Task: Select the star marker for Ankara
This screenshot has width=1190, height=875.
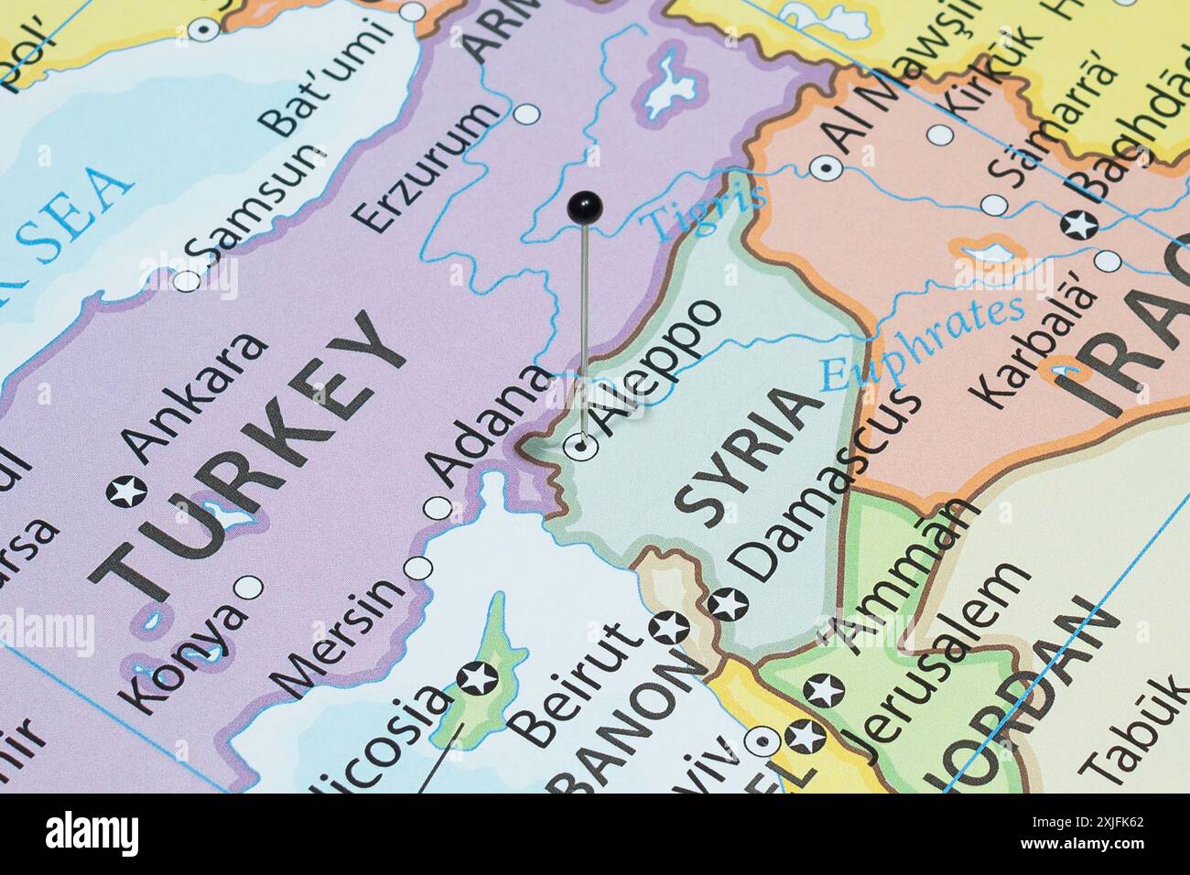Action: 126,492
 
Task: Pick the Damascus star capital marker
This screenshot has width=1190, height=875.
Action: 729,604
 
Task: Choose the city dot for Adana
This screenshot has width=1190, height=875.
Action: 438,507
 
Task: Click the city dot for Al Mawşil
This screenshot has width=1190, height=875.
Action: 827,167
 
